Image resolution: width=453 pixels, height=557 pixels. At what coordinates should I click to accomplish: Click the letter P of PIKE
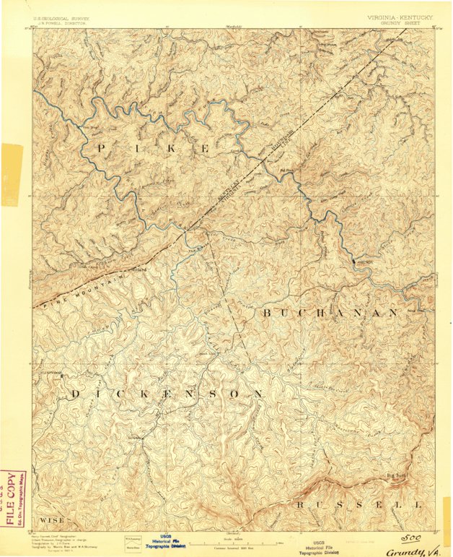(x=100, y=148)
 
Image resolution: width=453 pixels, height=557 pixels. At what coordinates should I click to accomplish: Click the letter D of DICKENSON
(x=76, y=394)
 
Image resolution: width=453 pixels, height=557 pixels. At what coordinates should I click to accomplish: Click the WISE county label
(x=51, y=519)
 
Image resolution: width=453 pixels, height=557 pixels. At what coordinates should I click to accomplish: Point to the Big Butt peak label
(x=397, y=476)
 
